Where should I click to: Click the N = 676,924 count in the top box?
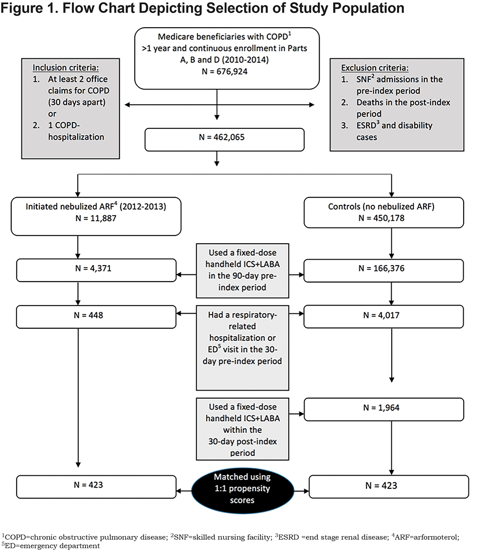[x=225, y=72]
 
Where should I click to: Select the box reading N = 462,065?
[x=224, y=140]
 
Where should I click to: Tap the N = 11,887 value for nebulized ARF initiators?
[x=96, y=218]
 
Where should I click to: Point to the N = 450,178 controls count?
[x=382, y=218]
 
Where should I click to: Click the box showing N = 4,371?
[x=96, y=270]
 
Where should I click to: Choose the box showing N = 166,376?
[x=383, y=270]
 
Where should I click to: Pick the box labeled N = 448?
[x=96, y=317]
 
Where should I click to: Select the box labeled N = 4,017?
[x=383, y=317]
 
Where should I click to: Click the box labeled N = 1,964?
[x=384, y=409]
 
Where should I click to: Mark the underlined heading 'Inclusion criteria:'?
[x=66, y=68]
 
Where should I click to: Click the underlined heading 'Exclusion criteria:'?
[x=375, y=68]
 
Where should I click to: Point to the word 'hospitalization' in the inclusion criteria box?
[x=76, y=137]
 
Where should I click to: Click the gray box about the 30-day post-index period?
[x=243, y=429]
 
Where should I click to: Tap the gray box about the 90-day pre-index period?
[x=243, y=271]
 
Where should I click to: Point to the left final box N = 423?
[x=96, y=487]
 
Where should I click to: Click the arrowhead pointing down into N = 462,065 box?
[x=217, y=117]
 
